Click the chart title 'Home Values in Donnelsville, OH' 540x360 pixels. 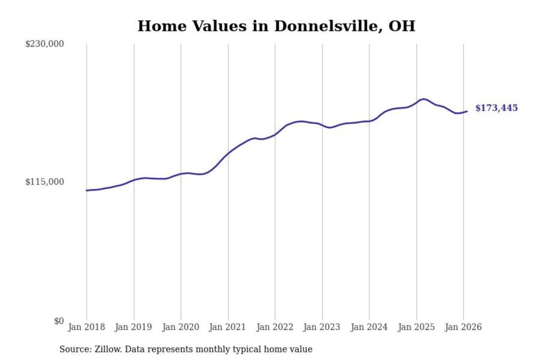click(276, 26)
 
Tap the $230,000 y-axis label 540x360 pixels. click(45, 44)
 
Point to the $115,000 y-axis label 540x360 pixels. click(45, 182)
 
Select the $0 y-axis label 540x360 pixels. click(59, 321)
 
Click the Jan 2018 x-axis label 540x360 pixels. click(86, 327)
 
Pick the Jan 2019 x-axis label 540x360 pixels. click(133, 327)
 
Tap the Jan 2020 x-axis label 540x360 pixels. click(180, 327)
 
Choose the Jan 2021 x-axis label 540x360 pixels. click(227, 327)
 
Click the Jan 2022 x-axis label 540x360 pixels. click(274, 327)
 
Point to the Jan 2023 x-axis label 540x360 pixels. click(321, 327)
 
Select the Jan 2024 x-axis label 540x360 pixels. click(369, 327)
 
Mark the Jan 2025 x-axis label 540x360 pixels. click(416, 327)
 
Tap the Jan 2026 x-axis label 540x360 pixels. click(463, 327)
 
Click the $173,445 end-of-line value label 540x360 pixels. click(496, 108)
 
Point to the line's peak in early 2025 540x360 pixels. click(424, 99)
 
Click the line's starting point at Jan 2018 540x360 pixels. click(87, 190)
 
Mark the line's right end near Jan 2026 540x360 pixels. click(467, 111)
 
